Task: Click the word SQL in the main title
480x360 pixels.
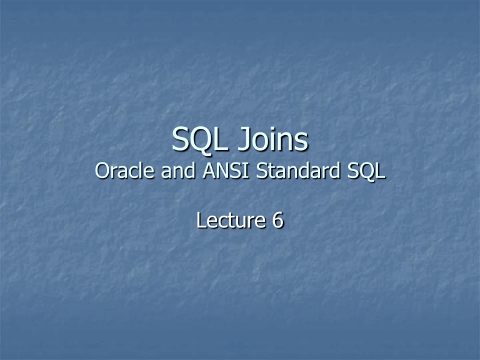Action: (x=200, y=139)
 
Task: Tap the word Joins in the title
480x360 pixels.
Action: (x=273, y=139)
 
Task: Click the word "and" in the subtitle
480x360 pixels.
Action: (x=178, y=170)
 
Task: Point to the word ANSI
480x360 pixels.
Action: (x=226, y=170)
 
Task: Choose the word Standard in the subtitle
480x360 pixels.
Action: (x=298, y=170)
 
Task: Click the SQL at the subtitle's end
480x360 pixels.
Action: (x=366, y=171)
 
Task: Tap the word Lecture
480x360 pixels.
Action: (x=231, y=220)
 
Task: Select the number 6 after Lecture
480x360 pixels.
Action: (x=278, y=220)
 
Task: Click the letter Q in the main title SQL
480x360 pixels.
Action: (x=201, y=140)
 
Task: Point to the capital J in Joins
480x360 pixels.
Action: (x=244, y=139)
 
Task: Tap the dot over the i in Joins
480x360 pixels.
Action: (x=270, y=129)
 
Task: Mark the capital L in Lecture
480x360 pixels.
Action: (x=201, y=220)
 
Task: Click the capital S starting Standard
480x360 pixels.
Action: (x=261, y=171)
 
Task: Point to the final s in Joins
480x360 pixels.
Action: (x=302, y=143)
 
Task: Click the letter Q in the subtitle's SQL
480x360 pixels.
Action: (x=366, y=171)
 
